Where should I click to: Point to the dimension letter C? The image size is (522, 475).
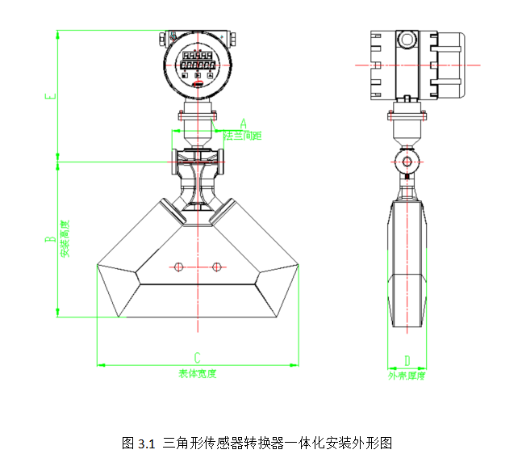[197, 357]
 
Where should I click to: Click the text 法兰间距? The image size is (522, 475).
[243, 136]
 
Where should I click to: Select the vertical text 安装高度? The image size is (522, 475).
[65, 239]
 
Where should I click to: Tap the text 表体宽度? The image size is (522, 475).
[198, 372]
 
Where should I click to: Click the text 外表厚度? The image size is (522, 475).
[406, 375]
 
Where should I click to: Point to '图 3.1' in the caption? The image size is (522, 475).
[137, 443]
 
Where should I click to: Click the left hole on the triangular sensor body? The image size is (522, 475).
[179, 267]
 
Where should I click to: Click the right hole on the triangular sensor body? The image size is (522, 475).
[215, 267]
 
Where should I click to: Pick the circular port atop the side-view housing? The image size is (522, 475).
[407, 38]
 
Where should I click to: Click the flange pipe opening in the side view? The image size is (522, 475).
[407, 162]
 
